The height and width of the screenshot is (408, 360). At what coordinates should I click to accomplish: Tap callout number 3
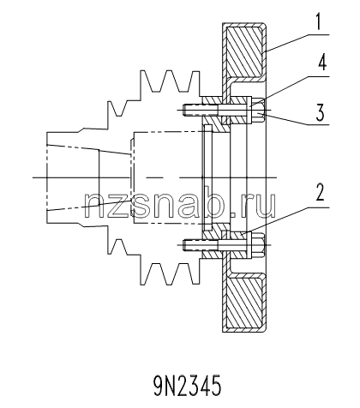click(320, 112)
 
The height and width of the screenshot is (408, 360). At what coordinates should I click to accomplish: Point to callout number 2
click(320, 191)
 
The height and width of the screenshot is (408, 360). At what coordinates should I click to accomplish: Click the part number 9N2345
click(188, 386)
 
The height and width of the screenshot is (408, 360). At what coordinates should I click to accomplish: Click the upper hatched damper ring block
click(244, 51)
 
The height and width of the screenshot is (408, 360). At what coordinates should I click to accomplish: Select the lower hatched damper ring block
click(244, 303)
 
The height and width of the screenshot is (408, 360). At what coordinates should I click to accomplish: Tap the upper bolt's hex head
click(258, 110)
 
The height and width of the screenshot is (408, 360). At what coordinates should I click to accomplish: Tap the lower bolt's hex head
click(258, 245)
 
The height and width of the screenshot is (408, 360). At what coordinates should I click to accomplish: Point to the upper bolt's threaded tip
click(192, 110)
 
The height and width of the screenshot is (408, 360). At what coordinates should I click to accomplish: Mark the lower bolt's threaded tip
click(192, 245)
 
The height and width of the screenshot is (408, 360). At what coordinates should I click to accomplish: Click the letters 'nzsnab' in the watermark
click(157, 205)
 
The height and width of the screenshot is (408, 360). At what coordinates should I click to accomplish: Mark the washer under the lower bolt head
click(249, 245)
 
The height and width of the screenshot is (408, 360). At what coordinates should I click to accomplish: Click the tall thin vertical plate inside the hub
click(207, 177)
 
